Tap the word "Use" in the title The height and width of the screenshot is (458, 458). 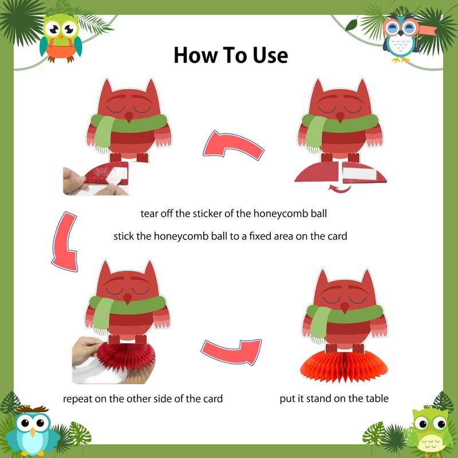tap(270, 55)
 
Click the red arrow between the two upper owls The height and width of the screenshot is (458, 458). tap(234, 145)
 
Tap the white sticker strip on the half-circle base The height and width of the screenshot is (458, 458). tap(359, 174)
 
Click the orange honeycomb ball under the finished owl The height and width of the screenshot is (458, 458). tap(344, 367)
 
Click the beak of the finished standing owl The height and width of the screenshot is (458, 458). tap(345, 308)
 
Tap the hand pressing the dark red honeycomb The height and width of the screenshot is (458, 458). tap(86, 350)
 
